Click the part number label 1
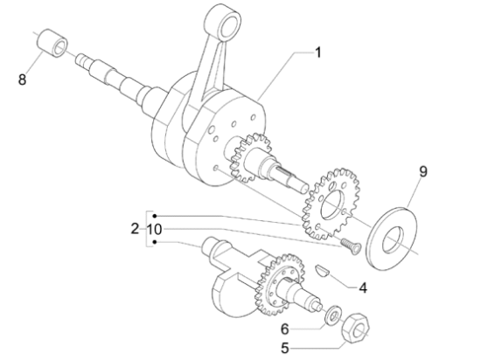[x=318, y=52]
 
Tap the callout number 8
[x=22, y=80]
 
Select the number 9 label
[x=423, y=171]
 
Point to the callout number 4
[x=363, y=288]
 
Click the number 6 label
[x=285, y=329]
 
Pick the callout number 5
[x=285, y=349]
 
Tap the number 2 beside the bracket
[x=135, y=229]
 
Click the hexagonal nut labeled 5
[x=355, y=329]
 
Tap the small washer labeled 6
[x=333, y=314]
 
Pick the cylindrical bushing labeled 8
[x=52, y=43]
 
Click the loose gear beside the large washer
[x=331, y=204]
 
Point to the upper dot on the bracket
[x=155, y=216]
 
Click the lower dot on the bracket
[x=155, y=242]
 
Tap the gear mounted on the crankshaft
[x=250, y=157]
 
